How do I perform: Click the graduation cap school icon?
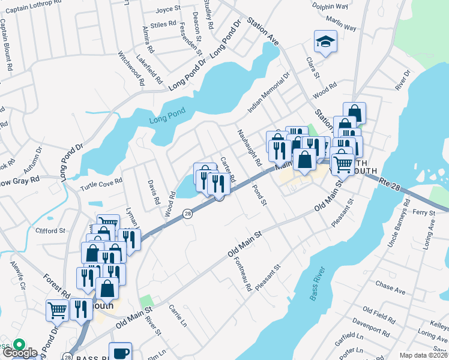coord(325,42)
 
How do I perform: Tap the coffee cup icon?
coord(120,352)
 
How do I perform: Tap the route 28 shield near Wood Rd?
coord(187,214)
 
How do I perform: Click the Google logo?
coord(20,353)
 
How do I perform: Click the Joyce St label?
coord(168,9)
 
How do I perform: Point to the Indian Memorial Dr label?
coord(269,92)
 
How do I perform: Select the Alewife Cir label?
coord(18,274)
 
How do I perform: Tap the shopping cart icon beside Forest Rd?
coord(57,311)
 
